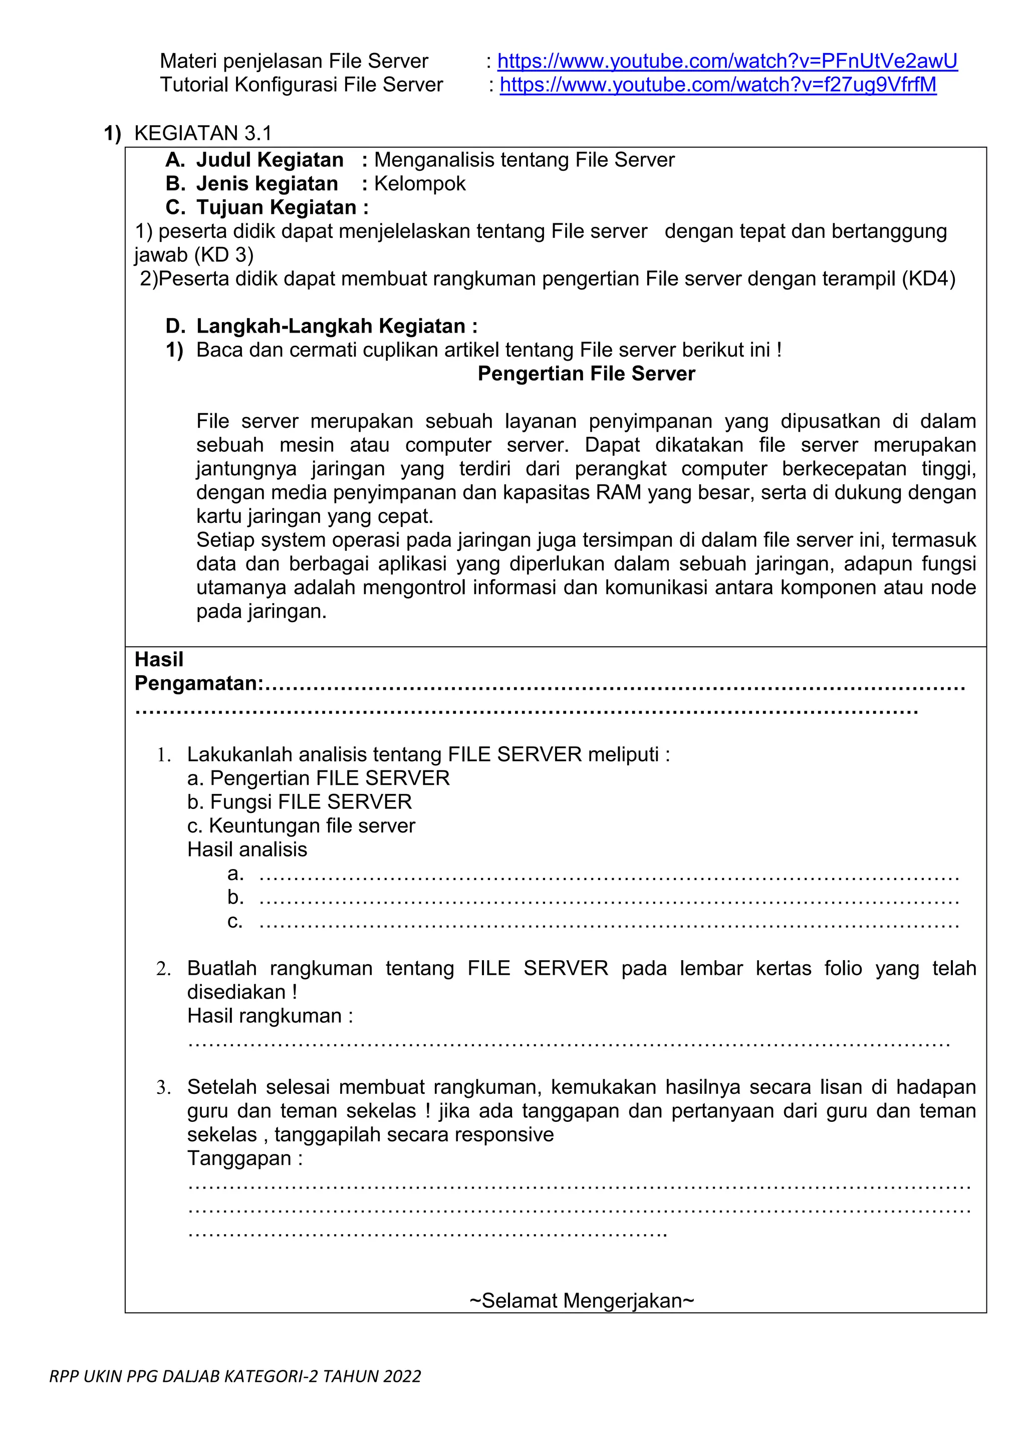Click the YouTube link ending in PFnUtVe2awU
[x=727, y=61]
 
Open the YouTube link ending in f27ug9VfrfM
[x=718, y=85]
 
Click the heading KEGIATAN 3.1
[x=203, y=133]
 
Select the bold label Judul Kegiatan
[x=269, y=160]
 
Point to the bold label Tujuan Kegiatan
[x=276, y=208]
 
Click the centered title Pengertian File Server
[x=586, y=374]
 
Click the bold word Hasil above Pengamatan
[x=159, y=660]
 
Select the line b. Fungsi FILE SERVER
[x=300, y=802]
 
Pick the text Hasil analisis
[x=247, y=849]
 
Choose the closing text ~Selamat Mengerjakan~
[x=582, y=1301]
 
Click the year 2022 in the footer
[x=401, y=1376]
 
